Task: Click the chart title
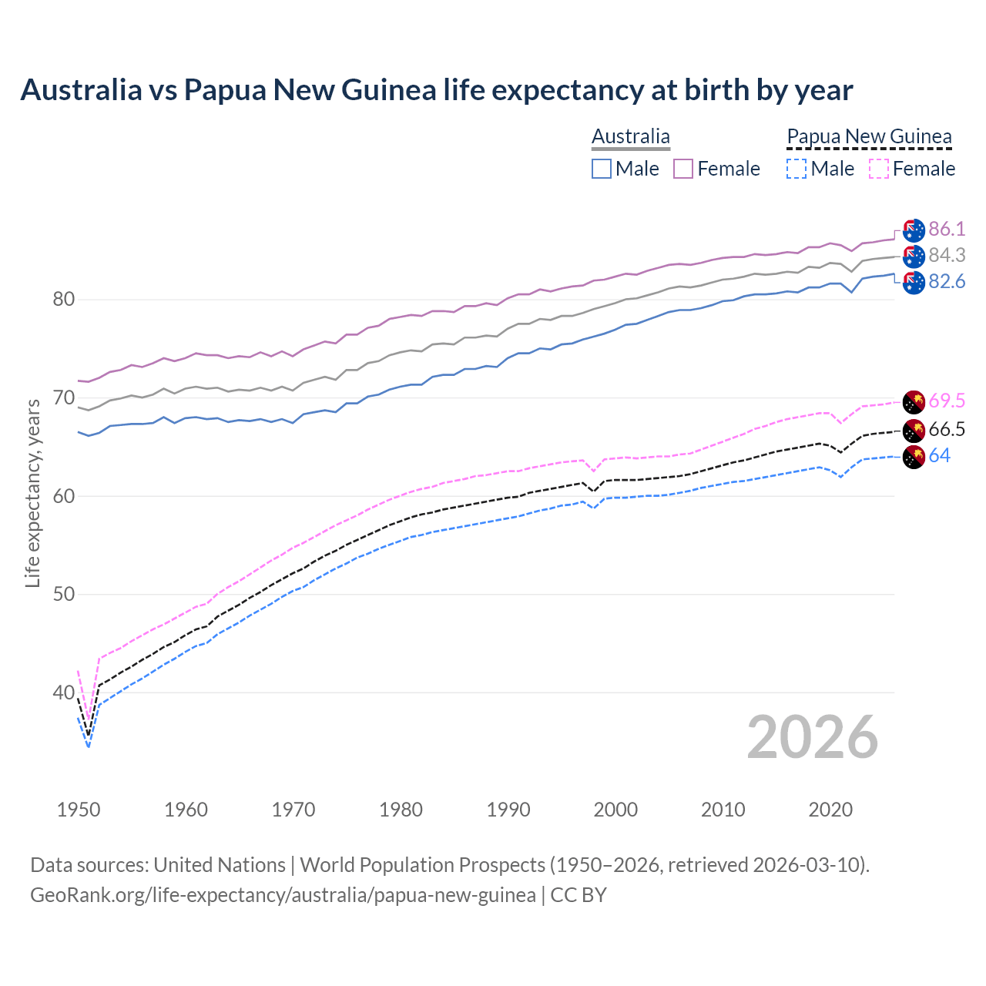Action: point(436,90)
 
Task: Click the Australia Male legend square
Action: point(602,169)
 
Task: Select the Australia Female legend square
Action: point(683,169)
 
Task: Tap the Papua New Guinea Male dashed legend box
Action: point(797,169)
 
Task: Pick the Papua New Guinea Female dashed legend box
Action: point(878,169)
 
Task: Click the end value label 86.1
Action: point(947,229)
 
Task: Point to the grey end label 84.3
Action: point(947,255)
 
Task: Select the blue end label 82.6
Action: point(947,282)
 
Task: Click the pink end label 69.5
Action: point(947,401)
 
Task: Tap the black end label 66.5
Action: point(947,430)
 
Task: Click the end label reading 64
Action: point(939,456)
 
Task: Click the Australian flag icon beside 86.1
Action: point(914,230)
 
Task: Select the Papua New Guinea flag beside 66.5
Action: point(914,430)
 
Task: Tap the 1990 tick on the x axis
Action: point(508,810)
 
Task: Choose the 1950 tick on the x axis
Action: point(79,810)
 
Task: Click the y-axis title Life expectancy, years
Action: point(32,493)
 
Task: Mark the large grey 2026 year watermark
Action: point(812,737)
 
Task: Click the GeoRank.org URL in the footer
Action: point(283,895)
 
